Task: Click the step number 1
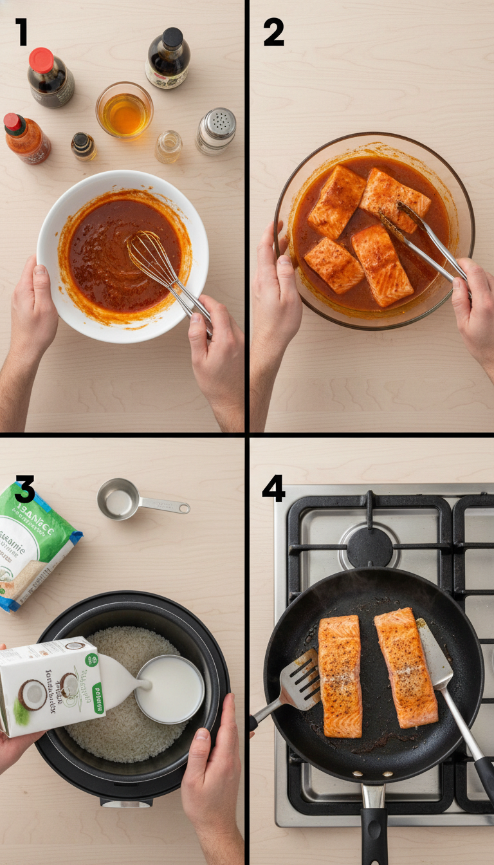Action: [21, 32]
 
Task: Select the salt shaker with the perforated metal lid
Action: [216, 131]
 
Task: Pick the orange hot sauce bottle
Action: [27, 138]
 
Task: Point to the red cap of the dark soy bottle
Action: [41, 60]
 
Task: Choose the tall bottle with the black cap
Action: [168, 59]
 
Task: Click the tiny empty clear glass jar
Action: [169, 146]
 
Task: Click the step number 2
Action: [273, 33]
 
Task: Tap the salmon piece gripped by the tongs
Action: [394, 200]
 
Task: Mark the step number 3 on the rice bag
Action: [24, 490]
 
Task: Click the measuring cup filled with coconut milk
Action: [170, 689]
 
